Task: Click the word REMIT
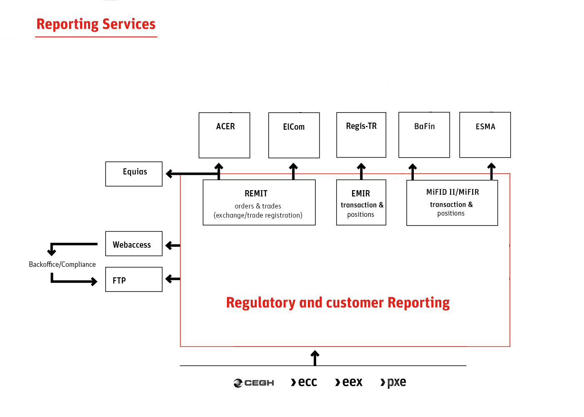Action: (256, 193)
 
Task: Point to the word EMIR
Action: (361, 193)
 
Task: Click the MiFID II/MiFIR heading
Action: (453, 192)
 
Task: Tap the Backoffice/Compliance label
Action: (62, 264)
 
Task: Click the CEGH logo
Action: (254, 383)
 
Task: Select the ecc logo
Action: (304, 382)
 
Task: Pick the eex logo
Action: (349, 382)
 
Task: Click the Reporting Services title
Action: (96, 24)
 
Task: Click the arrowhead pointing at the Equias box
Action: (169, 173)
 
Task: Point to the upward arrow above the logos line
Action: (315, 358)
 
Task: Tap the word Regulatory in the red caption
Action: (261, 303)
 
